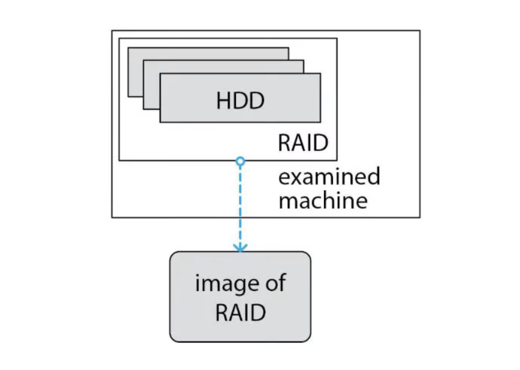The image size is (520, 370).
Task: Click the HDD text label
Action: point(240,99)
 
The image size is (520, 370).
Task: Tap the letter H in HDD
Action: point(223,99)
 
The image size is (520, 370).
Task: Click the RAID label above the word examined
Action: point(303,143)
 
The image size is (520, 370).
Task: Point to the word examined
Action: point(329,177)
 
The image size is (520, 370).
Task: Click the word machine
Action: point(323,200)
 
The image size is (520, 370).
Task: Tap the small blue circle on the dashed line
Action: point(240,161)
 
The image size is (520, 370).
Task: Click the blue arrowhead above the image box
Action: point(240,247)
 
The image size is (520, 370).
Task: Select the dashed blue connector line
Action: point(240,206)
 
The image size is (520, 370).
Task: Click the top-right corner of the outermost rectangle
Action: point(419,31)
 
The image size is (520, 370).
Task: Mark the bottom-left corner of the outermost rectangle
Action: point(112,217)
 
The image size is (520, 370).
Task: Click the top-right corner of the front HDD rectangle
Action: point(320,74)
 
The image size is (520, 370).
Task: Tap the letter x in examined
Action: point(295,177)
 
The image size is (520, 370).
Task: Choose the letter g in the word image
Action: point(234,286)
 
